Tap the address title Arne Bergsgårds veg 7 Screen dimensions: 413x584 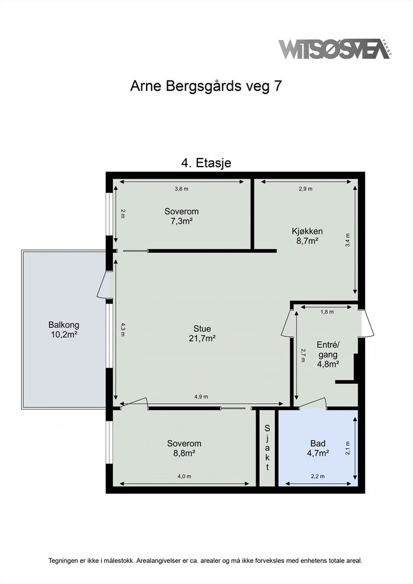point(206,86)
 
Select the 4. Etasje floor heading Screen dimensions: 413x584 point(206,163)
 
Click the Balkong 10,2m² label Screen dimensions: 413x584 point(64,329)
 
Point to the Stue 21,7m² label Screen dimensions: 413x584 point(202,333)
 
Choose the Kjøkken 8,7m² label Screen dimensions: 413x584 point(307,236)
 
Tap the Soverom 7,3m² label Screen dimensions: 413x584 point(181,216)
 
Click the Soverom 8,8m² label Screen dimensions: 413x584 point(184,448)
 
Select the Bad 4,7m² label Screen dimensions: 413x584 point(318,448)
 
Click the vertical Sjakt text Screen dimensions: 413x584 point(267,447)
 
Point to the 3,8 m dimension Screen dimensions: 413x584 point(181,189)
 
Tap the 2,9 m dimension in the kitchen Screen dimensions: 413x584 point(305,189)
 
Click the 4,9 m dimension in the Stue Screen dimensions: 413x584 point(201,397)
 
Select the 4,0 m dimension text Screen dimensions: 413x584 point(184,476)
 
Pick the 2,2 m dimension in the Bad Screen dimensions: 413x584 point(318,476)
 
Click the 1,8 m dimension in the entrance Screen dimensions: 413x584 point(327,312)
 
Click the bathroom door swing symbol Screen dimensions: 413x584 point(313,404)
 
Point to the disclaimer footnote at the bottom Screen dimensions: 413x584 point(205,560)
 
